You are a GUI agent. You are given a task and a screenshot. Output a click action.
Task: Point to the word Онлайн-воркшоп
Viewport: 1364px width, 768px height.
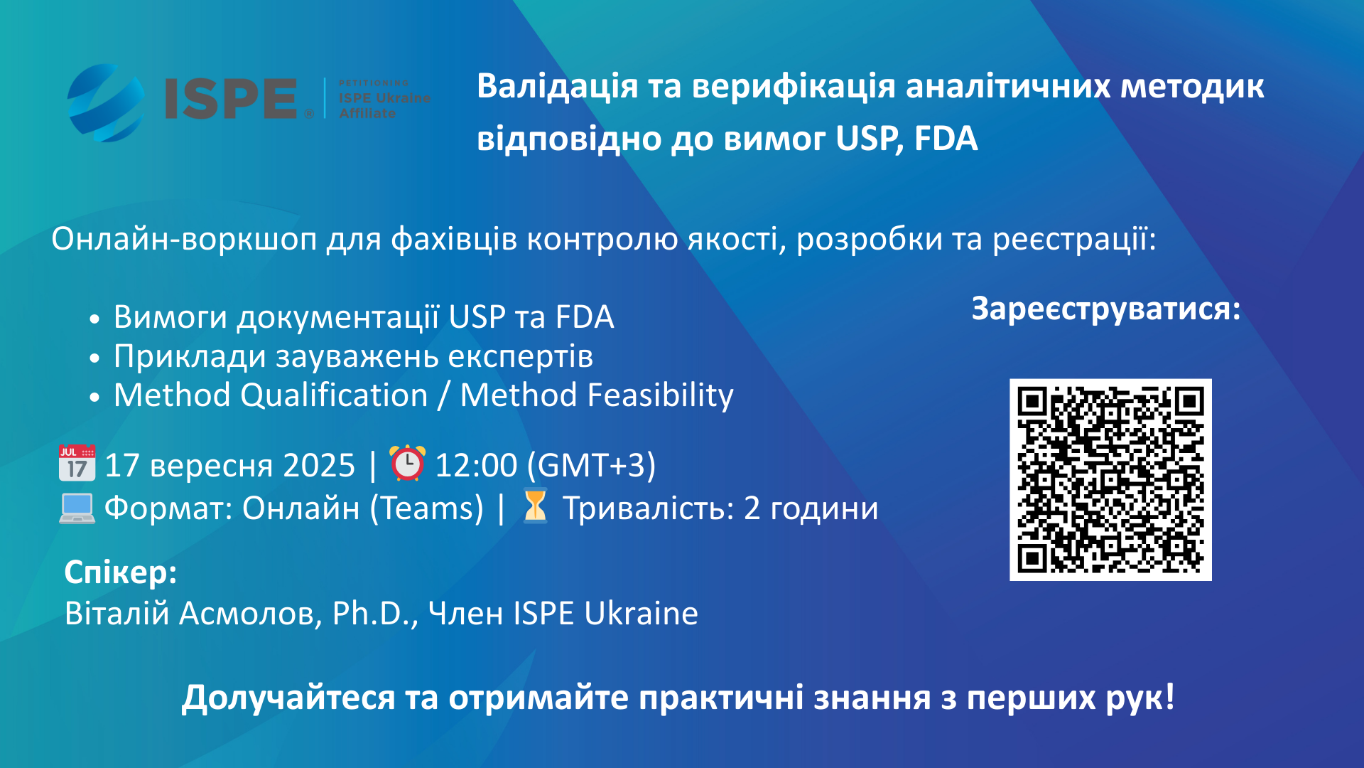point(184,239)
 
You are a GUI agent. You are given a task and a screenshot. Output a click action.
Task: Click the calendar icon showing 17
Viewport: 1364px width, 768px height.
point(77,464)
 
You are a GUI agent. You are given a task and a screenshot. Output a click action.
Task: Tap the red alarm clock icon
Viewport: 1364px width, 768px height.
point(407,463)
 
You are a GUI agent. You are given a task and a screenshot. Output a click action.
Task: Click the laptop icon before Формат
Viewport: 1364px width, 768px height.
point(77,508)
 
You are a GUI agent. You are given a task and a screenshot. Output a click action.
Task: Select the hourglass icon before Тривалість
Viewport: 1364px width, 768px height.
point(535,507)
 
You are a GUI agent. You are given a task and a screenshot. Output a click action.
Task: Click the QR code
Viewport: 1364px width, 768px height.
point(1110,479)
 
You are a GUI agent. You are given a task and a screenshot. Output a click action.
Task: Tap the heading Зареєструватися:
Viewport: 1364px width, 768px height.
point(1105,309)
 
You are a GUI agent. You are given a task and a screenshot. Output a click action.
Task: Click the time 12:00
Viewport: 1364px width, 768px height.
point(476,465)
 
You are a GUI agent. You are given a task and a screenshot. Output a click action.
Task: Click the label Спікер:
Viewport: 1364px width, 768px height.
point(121,572)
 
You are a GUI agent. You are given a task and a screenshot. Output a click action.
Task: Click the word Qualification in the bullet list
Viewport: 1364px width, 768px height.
point(334,395)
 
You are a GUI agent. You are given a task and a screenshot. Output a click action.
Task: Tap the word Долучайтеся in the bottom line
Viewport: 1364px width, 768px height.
point(288,698)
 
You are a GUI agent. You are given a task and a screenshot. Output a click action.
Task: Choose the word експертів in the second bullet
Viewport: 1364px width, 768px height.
point(521,356)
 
